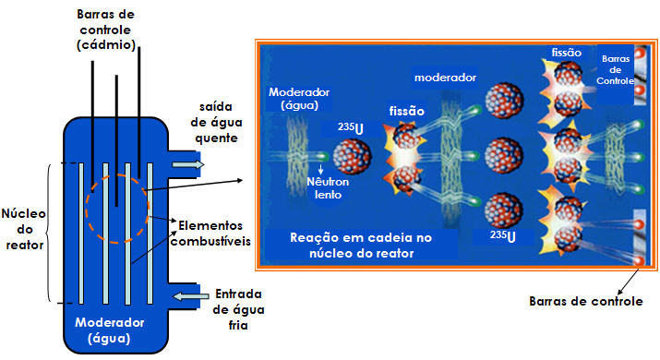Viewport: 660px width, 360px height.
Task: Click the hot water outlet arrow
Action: point(189,164)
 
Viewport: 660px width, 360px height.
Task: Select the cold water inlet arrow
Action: point(192,295)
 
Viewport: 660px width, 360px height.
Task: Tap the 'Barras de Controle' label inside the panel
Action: point(615,70)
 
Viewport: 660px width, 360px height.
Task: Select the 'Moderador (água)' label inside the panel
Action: point(298,100)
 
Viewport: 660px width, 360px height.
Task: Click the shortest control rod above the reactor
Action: point(116,138)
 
